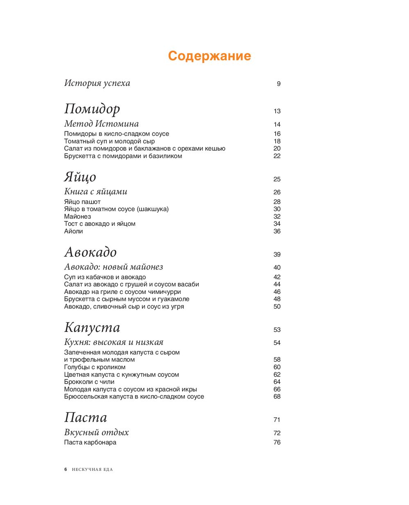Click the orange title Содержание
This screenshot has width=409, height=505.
209,56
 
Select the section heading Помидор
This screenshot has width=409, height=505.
92,109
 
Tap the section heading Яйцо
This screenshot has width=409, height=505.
80,177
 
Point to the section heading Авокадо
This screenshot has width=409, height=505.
90,252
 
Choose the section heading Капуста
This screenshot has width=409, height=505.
92,327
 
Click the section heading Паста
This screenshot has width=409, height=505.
85,417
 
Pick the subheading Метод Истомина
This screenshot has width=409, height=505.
101,124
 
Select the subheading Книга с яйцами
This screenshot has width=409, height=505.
96,191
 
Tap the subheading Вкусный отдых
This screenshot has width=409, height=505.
97,432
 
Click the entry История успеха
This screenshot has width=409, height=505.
97,83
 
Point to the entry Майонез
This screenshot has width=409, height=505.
78,216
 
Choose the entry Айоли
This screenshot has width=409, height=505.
74,231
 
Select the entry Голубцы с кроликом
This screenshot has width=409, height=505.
95,367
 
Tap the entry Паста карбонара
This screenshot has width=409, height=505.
90,443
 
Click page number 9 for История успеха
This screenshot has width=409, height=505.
279,84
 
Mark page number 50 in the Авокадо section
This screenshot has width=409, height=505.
277,307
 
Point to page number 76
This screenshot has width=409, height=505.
277,443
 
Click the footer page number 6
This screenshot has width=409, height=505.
65,469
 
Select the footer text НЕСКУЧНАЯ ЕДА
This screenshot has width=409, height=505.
92,469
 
